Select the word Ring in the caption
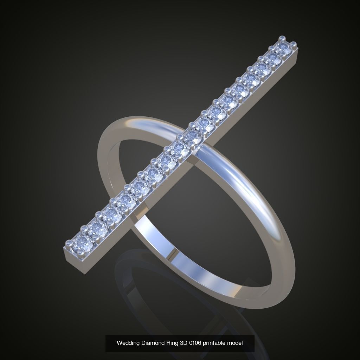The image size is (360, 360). [x=171, y=343]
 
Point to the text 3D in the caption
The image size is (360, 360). [x=183, y=343]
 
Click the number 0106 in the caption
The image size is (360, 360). [x=196, y=343]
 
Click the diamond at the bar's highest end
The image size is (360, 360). [x=285, y=49]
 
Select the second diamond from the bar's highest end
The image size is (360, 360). [x=274, y=58]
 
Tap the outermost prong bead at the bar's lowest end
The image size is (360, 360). [x=68, y=243]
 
